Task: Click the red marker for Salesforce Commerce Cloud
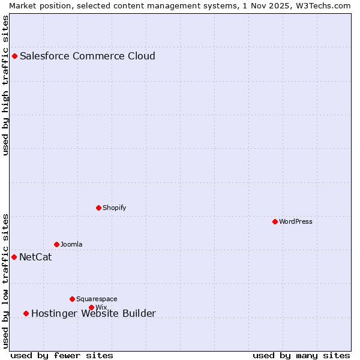14,56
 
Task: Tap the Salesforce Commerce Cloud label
88,56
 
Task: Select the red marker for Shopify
98,208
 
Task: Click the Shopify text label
114,208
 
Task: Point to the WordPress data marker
275,222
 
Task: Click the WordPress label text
295,222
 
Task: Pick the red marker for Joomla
56,245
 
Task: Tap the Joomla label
71,245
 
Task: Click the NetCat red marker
14,257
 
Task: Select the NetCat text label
35,257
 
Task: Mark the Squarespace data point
72,299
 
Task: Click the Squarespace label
97,299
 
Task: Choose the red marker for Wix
91,308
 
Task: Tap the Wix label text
101,308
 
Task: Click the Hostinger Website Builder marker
26,313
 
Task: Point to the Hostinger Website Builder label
94,313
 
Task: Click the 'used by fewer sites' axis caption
62,356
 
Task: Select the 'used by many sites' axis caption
301,356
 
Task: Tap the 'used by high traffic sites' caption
5,85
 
